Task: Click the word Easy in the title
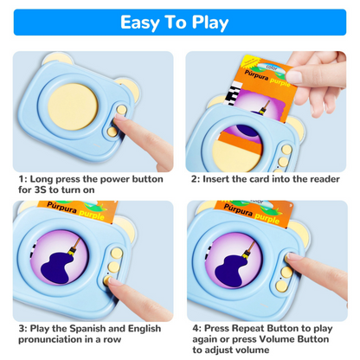[145, 22]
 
